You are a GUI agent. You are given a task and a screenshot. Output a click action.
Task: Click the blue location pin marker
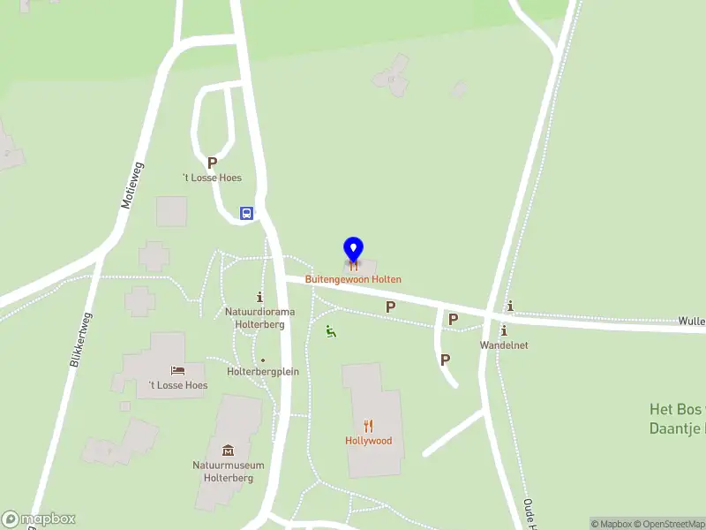(353, 250)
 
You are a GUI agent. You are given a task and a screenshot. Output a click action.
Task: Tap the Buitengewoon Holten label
(353, 279)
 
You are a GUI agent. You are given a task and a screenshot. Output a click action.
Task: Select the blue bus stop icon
(247, 213)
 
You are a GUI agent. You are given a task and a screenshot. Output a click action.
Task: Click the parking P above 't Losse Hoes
(212, 163)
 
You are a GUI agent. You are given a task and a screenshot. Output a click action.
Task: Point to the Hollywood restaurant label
(368, 441)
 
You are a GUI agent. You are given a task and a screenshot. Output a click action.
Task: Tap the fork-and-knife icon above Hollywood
(368, 425)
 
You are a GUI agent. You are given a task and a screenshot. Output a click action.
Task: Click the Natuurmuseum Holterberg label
(228, 471)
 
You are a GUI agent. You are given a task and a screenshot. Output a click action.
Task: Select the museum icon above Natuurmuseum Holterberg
(228, 450)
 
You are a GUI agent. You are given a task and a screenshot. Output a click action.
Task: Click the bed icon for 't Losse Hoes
(177, 370)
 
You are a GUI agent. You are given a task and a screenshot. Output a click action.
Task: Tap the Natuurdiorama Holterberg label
(259, 318)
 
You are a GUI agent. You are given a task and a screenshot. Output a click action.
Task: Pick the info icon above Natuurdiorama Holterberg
(259, 297)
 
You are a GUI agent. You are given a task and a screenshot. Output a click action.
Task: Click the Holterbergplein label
(263, 372)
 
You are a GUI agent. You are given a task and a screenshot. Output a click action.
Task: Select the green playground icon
(331, 332)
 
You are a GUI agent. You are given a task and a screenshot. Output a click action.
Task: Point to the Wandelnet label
(504, 345)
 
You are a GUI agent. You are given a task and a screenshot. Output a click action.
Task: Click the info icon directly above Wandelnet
(504, 330)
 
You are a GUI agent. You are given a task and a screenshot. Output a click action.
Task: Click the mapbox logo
(39, 519)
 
